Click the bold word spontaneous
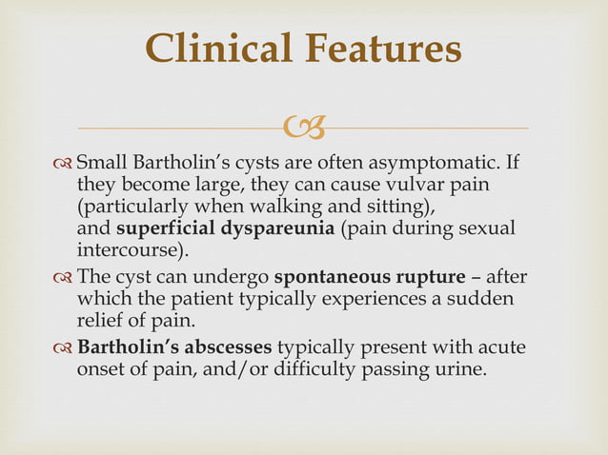pos(332,277)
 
